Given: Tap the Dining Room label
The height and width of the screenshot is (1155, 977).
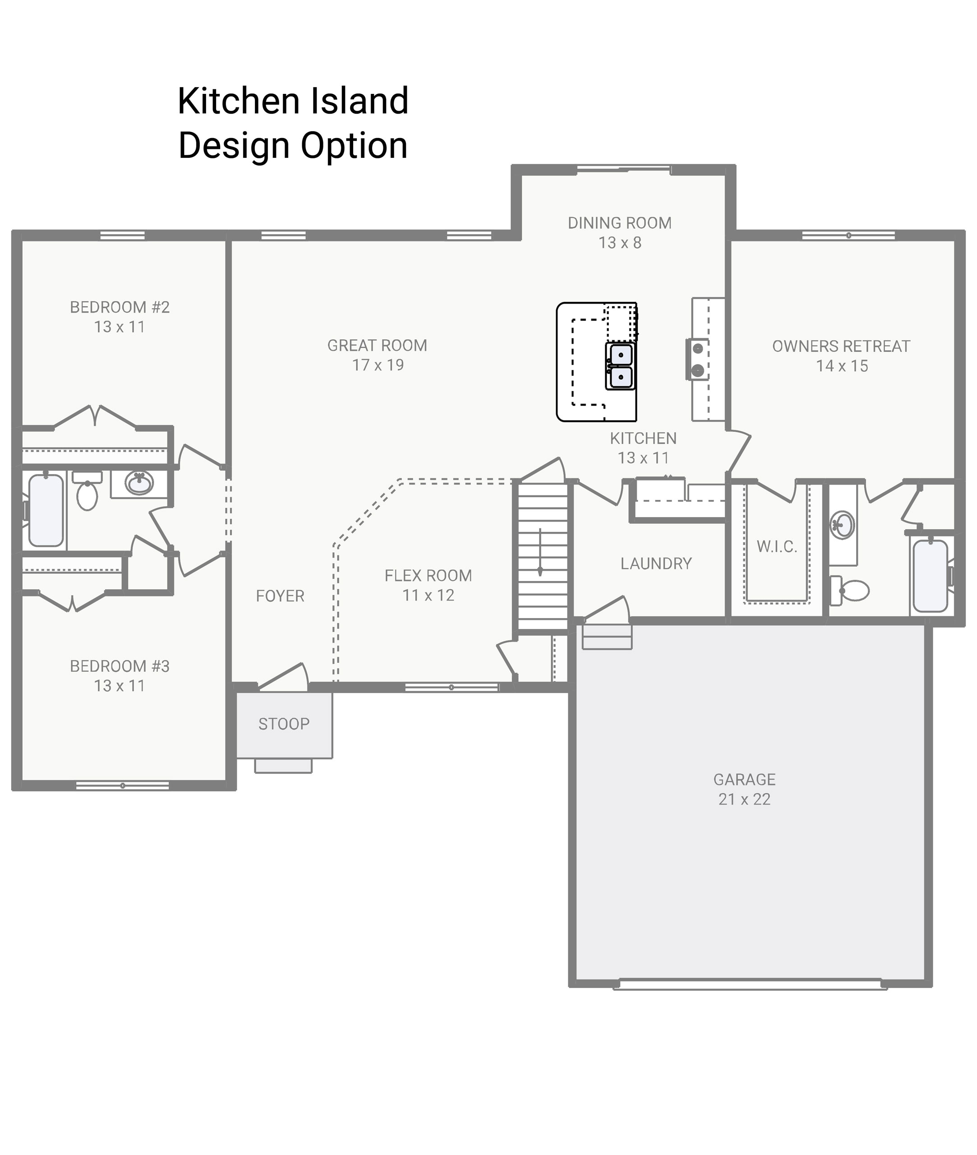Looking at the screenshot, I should click(x=619, y=223).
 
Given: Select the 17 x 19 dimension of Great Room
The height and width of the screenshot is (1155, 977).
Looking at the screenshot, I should click(x=378, y=365).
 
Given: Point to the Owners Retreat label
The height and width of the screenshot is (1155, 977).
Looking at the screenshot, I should click(x=841, y=346).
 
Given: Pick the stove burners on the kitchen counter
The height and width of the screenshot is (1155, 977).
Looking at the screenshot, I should click(x=698, y=359).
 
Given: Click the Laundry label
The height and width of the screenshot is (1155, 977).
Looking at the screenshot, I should click(x=656, y=564).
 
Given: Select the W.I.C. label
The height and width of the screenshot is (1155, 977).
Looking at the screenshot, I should click(x=777, y=547).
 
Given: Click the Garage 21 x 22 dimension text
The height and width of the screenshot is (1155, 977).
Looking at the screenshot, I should click(x=744, y=799).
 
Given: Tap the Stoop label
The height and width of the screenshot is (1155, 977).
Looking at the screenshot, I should click(x=284, y=724).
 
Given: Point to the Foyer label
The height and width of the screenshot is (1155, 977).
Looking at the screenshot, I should click(x=280, y=596).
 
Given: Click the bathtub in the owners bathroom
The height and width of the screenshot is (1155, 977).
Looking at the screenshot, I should click(x=930, y=576).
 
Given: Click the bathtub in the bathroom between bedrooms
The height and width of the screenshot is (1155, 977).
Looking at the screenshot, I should click(x=46, y=510).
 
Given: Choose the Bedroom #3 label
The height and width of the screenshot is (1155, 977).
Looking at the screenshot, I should click(x=120, y=666).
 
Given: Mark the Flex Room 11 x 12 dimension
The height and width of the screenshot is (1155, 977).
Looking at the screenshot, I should click(x=428, y=596).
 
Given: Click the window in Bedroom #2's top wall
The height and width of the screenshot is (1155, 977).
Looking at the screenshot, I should click(x=122, y=236).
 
